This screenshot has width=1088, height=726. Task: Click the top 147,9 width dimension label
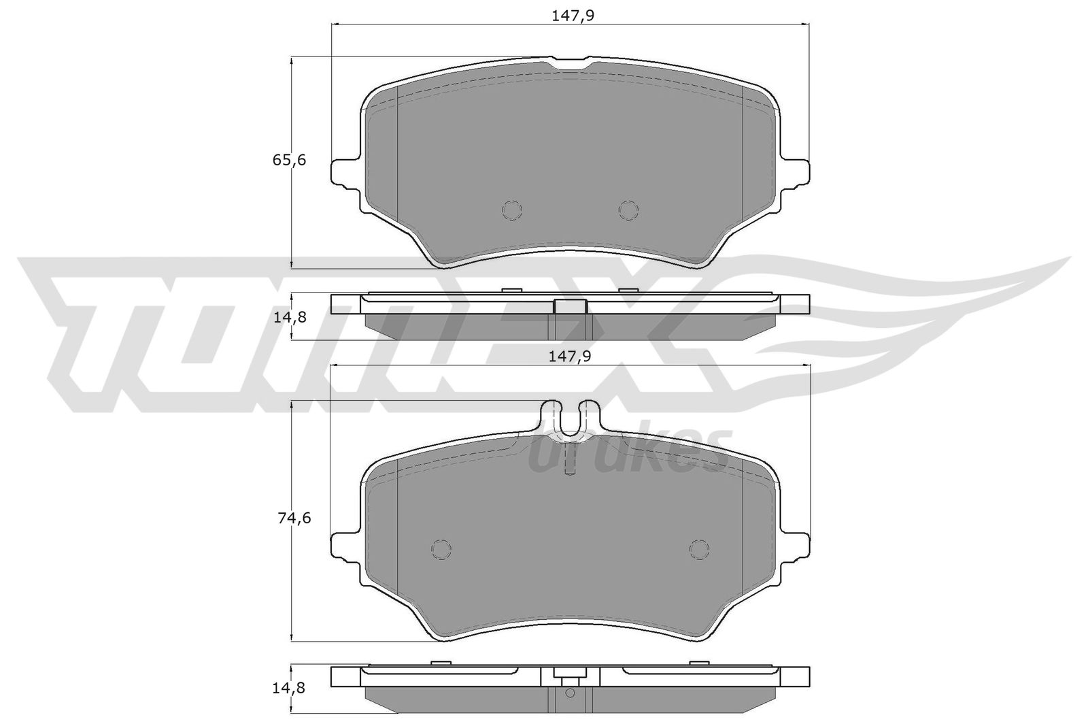click(x=573, y=16)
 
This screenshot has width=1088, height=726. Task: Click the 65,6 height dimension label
click(x=289, y=160)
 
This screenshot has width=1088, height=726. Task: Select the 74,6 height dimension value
click(x=294, y=518)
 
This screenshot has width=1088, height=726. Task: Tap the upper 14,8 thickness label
click(x=290, y=317)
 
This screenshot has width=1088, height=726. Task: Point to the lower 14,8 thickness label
click(x=288, y=688)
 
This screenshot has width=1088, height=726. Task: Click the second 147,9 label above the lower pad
click(x=570, y=357)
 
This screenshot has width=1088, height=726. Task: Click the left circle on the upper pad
click(x=512, y=210)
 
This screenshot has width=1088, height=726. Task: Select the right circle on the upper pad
click(x=628, y=210)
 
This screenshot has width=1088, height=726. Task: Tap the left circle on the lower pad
click(x=441, y=549)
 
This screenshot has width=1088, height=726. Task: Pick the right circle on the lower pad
click(x=699, y=549)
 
